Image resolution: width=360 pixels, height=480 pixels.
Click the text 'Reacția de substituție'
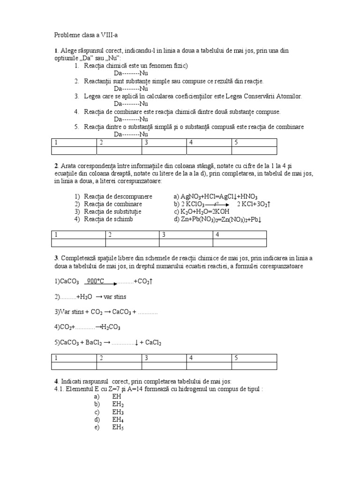click(112, 212)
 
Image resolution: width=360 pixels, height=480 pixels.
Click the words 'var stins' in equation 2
click(115, 297)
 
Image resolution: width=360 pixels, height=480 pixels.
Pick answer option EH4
click(118, 420)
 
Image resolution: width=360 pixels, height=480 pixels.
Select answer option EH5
click(118, 427)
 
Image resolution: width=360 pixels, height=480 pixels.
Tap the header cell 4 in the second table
click(240, 235)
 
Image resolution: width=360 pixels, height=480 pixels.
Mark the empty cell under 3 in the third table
click(164, 366)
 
